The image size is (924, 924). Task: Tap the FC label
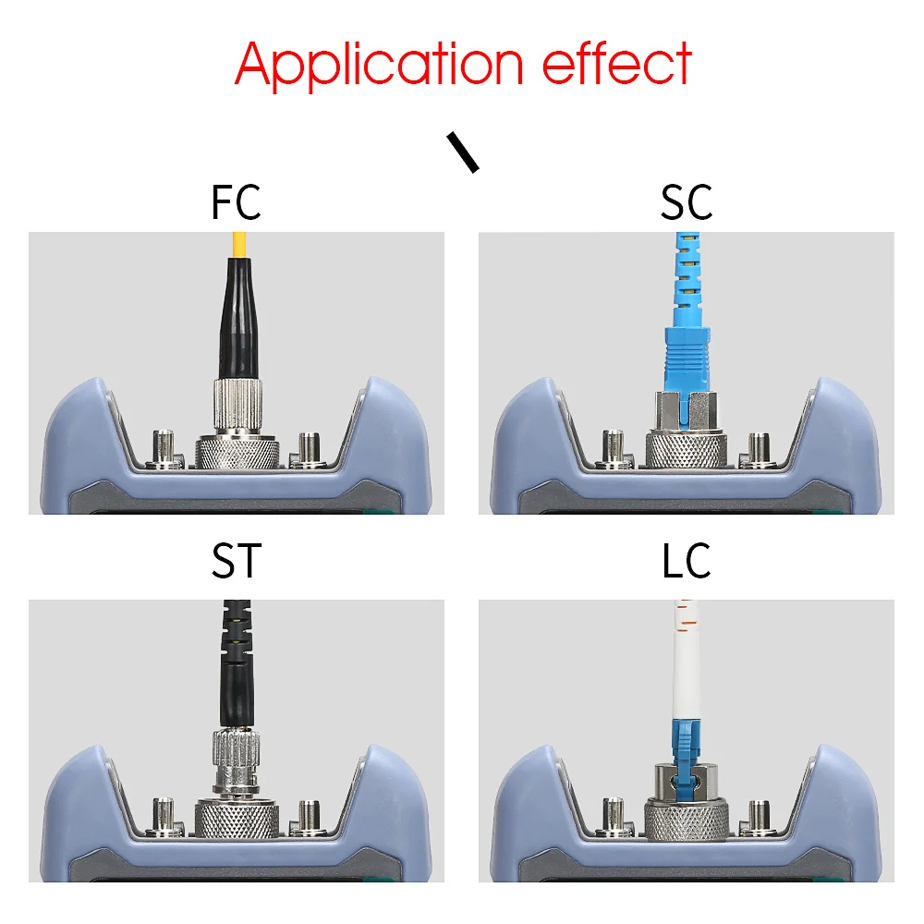[236, 202]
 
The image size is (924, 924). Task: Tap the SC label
[687, 202]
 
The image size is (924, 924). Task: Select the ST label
[236, 561]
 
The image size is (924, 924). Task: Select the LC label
[687, 561]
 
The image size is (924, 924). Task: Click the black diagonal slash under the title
[463, 152]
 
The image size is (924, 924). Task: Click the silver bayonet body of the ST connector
[237, 767]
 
